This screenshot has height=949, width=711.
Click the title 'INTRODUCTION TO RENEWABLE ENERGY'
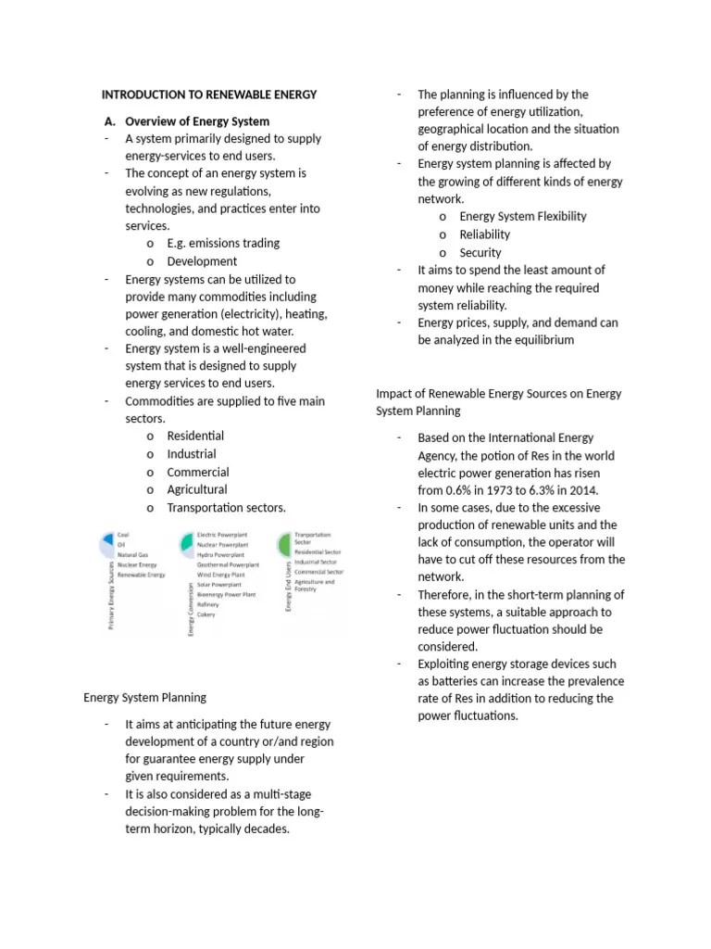[x=208, y=95]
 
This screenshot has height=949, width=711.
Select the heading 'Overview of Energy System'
[x=197, y=121]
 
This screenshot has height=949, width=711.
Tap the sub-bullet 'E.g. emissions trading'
[x=223, y=244]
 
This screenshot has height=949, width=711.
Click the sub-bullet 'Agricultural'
[x=197, y=489]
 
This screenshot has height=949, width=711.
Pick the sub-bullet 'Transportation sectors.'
[x=227, y=508]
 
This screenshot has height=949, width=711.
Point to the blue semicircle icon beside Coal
[x=108, y=538]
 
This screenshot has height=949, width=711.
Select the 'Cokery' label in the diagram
[x=206, y=614]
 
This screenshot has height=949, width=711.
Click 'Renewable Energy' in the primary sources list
[x=141, y=575]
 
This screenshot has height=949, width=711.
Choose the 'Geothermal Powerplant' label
[x=228, y=563]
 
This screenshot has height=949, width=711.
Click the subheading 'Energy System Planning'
[x=145, y=697]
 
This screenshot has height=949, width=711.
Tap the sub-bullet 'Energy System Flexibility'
[x=523, y=217]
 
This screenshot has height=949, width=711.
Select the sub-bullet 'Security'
[x=480, y=253]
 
